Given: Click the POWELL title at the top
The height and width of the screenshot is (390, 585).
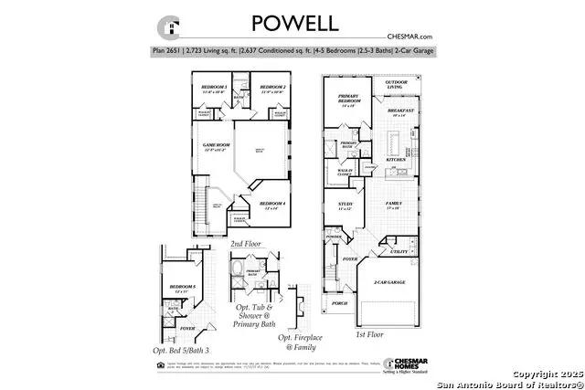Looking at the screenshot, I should pyautogui.click(x=292, y=21).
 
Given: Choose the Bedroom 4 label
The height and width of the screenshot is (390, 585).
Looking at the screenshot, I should pyautogui.click(x=272, y=204).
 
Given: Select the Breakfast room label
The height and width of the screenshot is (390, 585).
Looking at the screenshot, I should pyautogui.click(x=402, y=111).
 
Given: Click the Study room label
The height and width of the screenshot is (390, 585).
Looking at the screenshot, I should pyautogui.click(x=346, y=206).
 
